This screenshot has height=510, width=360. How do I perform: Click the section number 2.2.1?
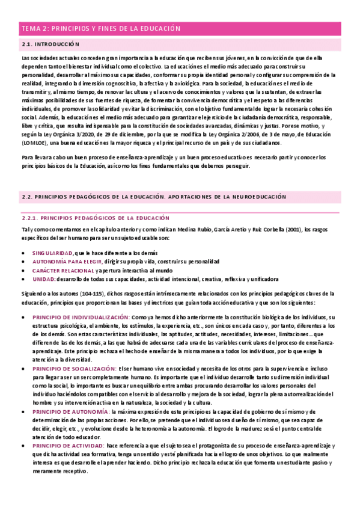click(x=28, y=218)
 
